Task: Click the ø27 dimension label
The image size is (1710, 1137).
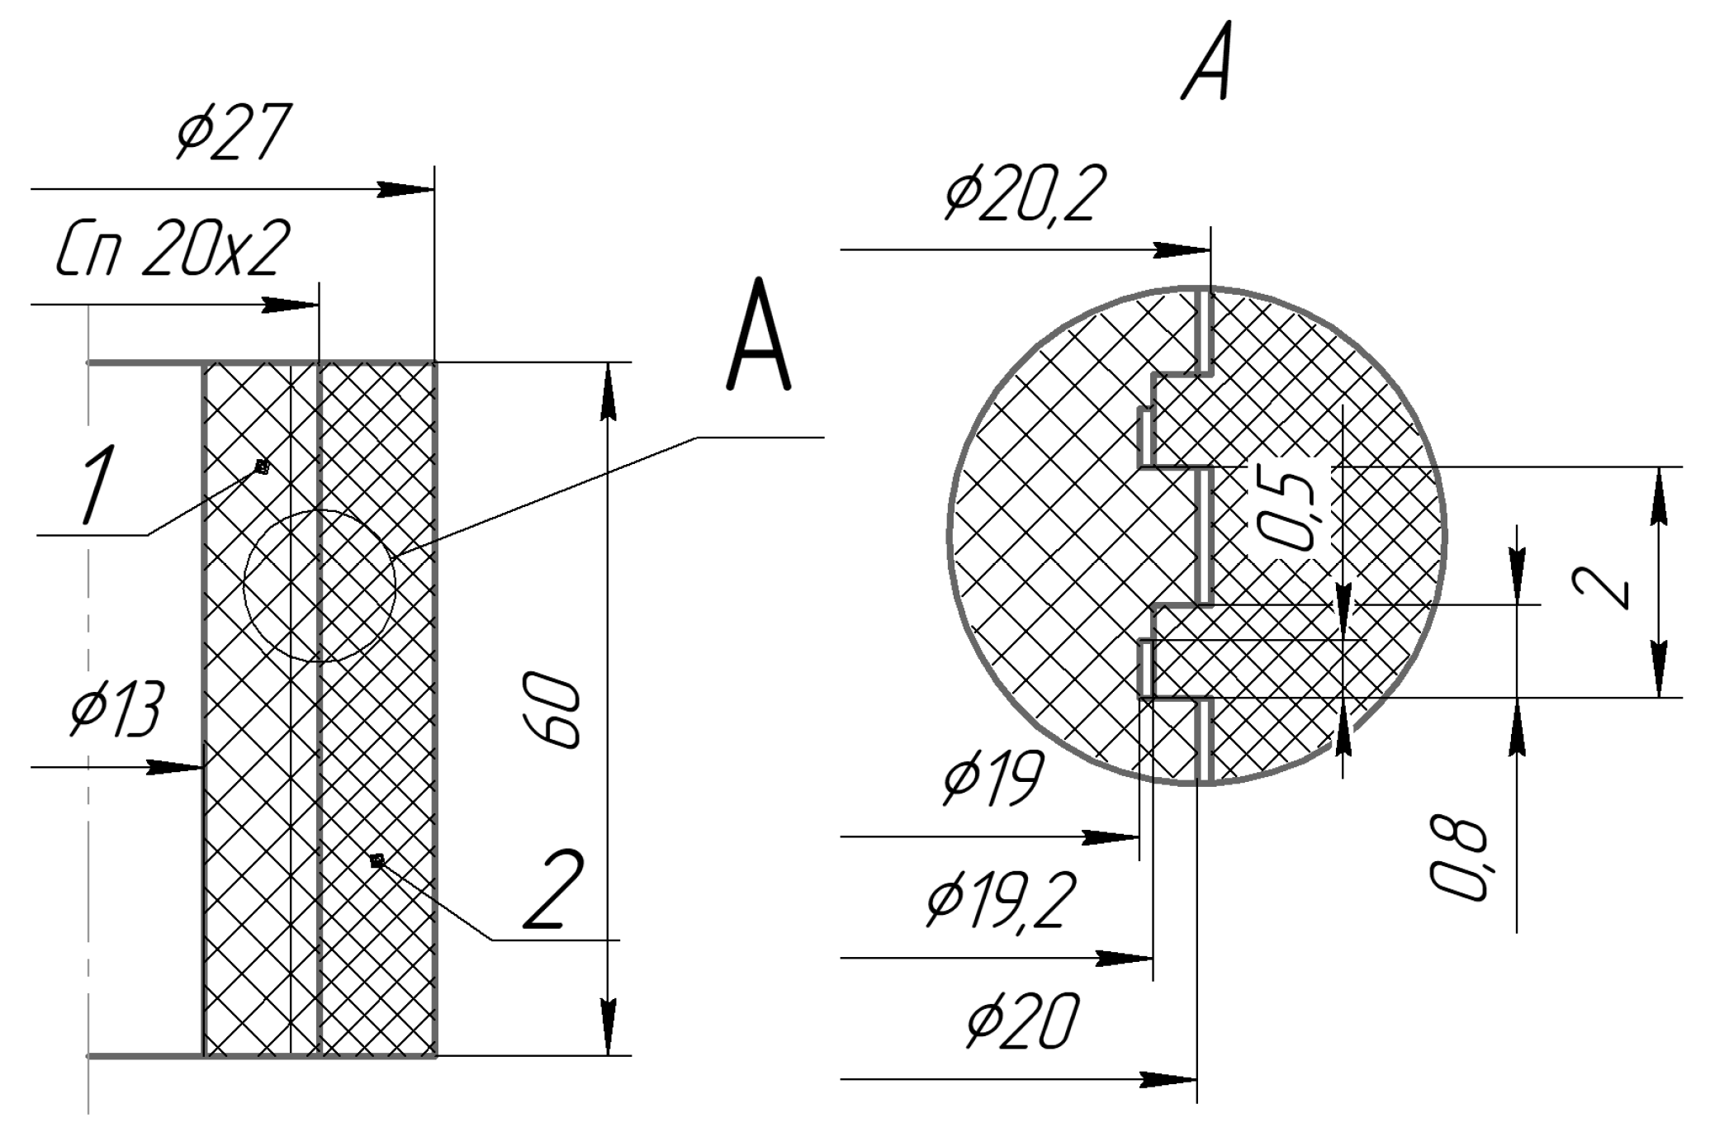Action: pos(233,133)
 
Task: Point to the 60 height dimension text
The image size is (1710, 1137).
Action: pos(552,711)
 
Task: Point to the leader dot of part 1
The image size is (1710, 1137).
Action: pos(262,467)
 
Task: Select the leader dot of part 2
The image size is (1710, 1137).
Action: pos(377,860)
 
